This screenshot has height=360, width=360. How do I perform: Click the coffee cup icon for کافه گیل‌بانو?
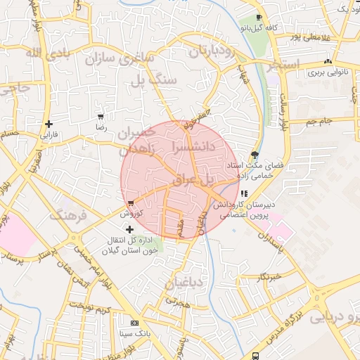pyautogui.click(x=259, y=18)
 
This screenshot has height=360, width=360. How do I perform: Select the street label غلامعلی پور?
pyautogui.click(x=306, y=35)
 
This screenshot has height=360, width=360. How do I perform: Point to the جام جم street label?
pyautogui.click(x=319, y=122)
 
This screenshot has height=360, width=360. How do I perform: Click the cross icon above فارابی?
pyautogui.click(x=49, y=124)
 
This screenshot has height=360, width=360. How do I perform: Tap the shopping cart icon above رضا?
pyautogui.click(x=101, y=117)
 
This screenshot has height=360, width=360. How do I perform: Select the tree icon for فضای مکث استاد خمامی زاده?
pyautogui.click(x=254, y=155)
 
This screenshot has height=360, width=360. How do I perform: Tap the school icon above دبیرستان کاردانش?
pyautogui.click(x=244, y=193)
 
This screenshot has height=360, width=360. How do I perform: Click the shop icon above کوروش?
pyautogui.click(x=131, y=203)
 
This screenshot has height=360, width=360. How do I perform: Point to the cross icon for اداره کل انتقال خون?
pyautogui.click(x=129, y=230)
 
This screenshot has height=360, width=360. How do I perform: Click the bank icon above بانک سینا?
pyautogui.click(x=125, y=322)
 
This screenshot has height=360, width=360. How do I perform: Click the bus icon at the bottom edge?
pyautogui.click(x=255, y=355)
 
